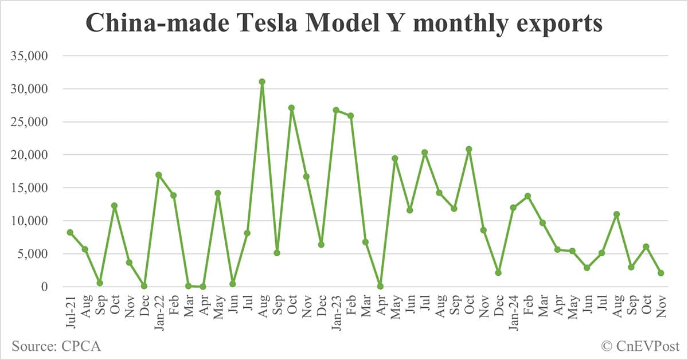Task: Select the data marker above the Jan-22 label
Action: tap(159, 175)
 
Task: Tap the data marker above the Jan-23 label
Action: tap(336, 110)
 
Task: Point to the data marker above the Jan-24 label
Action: tap(513, 208)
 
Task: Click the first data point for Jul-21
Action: tap(70, 232)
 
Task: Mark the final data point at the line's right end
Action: tap(660, 273)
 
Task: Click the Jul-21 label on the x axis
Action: tap(70, 310)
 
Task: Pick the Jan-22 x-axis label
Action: tap(159, 310)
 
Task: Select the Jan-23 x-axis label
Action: tap(336, 310)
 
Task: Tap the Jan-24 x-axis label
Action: tap(513, 310)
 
